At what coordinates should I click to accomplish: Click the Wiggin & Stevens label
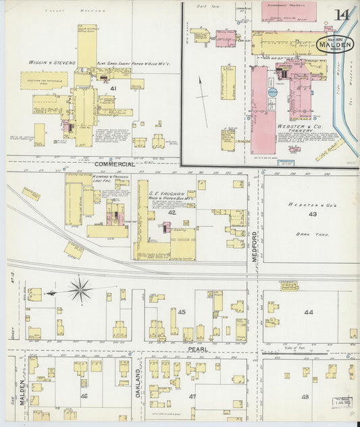(x=52, y=63)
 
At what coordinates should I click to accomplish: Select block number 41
(x=113, y=89)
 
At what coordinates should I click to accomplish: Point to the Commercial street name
(x=114, y=164)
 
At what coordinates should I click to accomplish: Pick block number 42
(x=172, y=212)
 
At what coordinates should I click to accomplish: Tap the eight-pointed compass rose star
(x=80, y=290)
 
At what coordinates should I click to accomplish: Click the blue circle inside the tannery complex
(x=273, y=92)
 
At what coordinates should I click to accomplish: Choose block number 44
(x=309, y=312)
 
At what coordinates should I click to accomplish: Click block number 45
(x=182, y=311)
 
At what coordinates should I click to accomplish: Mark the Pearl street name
(x=197, y=350)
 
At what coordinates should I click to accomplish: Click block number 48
(x=305, y=397)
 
